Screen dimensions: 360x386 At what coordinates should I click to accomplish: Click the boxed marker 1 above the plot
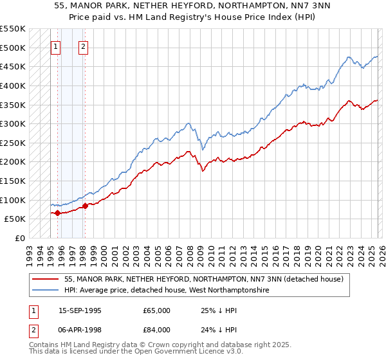(x=56, y=46)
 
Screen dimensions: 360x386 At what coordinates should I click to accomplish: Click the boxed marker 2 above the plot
(x=84, y=46)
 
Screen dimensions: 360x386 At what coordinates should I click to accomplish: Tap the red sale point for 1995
(x=57, y=213)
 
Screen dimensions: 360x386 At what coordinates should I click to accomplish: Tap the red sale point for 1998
(x=85, y=206)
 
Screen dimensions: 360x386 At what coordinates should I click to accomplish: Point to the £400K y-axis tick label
(x=13, y=85)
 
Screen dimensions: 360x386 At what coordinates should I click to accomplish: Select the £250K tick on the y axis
(x=13, y=143)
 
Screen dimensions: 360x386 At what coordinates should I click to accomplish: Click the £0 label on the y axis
(x=19, y=238)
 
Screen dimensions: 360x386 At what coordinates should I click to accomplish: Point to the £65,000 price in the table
(x=156, y=310)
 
